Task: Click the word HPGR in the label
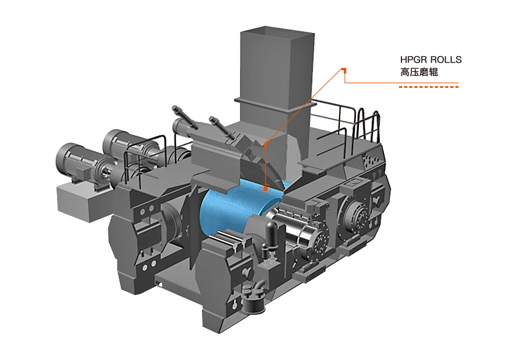pos(414,60)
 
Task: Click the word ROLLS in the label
pos(446,60)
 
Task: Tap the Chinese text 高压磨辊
pos(419,72)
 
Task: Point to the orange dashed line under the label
pos(429,87)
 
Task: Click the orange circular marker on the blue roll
pos(265,189)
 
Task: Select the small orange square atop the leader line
pos(344,69)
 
